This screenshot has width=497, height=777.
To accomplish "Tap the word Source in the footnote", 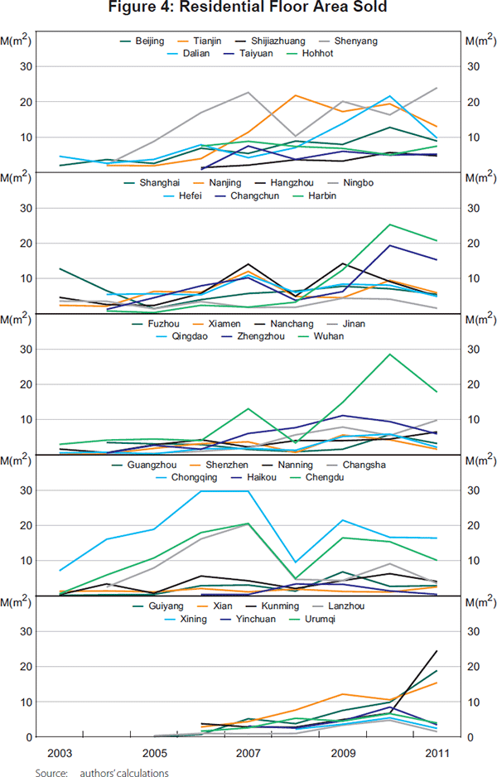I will coord(51,772).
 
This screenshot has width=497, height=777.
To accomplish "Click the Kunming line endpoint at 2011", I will coord(437,651).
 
